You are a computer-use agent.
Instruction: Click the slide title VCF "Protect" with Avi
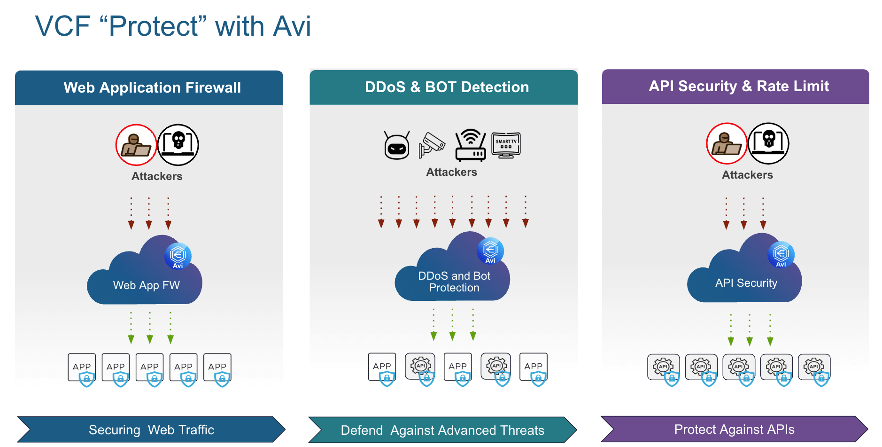tap(173, 26)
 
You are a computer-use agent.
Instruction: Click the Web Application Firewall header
tap(152, 87)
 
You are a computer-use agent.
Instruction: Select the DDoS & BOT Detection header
tap(447, 87)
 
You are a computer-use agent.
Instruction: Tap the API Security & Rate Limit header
tap(738, 86)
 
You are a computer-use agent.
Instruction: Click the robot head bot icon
tap(397, 146)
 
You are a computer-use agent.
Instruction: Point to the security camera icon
tap(432, 145)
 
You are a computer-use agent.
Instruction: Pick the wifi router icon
tap(470, 145)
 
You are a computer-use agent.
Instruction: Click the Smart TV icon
tap(506, 145)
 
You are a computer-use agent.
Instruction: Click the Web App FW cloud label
tap(146, 285)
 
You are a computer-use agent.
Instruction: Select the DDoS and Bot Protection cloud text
tap(454, 282)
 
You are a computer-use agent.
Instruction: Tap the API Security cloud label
tap(746, 283)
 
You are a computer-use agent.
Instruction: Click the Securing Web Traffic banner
tap(151, 430)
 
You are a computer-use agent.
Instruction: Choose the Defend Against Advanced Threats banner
tap(442, 430)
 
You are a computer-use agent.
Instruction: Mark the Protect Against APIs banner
tap(734, 429)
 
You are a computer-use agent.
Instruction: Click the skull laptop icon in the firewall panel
tap(178, 145)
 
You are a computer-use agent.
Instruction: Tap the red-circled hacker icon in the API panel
tap(727, 143)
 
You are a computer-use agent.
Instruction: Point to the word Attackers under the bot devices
tap(451, 172)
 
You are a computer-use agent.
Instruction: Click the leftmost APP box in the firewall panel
tap(82, 367)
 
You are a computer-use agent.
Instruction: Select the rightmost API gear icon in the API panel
tap(814, 367)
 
